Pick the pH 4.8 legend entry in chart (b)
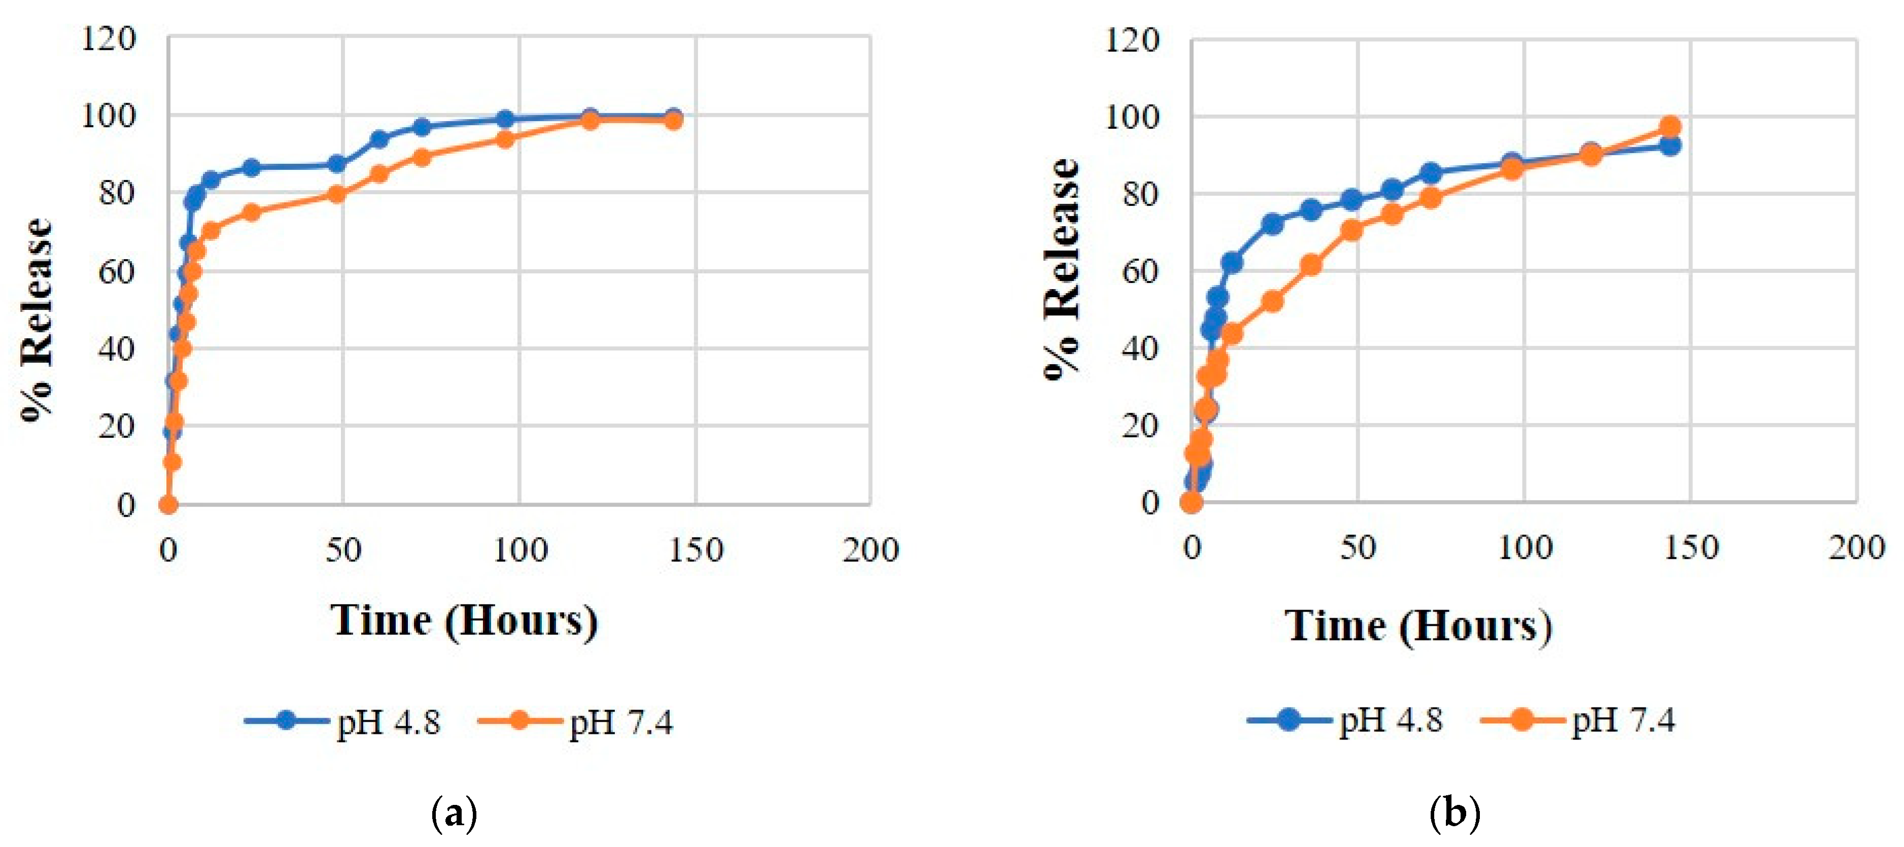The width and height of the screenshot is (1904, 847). pyautogui.click(x=1345, y=719)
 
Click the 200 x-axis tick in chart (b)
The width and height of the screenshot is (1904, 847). pyautogui.click(x=1856, y=548)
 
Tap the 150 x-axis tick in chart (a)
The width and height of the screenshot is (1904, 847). pyautogui.click(x=695, y=551)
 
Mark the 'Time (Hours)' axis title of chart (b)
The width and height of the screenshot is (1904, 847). pyautogui.click(x=1417, y=626)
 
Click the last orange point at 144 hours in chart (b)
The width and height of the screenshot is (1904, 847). pyautogui.click(x=1670, y=126)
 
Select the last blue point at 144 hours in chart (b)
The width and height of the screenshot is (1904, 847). pyautogui.click(x=1670, y=146)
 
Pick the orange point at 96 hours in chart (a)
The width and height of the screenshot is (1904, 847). pyautogui.click(x=505, y=139)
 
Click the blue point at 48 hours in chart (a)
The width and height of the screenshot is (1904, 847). pyautogui.click(x=337, y=164)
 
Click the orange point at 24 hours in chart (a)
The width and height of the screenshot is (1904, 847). pyautogui.click(x=251, y=212)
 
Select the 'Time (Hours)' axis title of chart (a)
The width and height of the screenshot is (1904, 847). pyautogui.click(x=464, y=620)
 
